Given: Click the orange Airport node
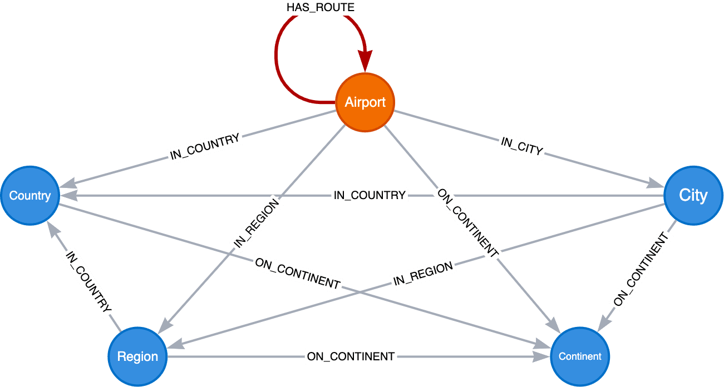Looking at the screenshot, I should [x=365, y=102].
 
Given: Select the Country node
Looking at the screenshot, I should [x=30, y=196].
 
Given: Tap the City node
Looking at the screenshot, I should [x=693, y=195].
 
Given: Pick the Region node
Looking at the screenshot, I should [x=137, y=356].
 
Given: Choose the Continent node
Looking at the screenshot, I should [x=580, y=356].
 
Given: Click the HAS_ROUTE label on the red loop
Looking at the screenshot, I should [x=320, y=8].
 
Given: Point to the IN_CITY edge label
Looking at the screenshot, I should [x=521, y=146].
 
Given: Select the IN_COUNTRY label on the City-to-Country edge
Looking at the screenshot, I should [x=370, y=195].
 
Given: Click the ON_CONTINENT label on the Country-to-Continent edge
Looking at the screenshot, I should [x=297, y=272].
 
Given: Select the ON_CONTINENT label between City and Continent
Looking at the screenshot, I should [x=641, y=270].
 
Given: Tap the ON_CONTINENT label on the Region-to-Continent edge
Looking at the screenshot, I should [x=351, y=356].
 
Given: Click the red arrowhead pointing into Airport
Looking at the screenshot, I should [x=365, y=61].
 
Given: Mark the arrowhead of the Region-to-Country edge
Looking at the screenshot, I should [x=51, y=227].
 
